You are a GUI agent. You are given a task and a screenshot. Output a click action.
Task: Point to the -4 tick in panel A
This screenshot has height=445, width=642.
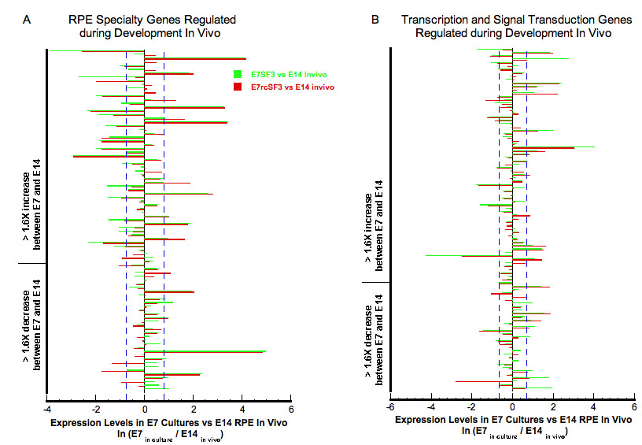click(x=47, y=410)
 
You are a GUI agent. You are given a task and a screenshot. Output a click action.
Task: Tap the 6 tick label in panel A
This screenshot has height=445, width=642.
click(x=291, y=410)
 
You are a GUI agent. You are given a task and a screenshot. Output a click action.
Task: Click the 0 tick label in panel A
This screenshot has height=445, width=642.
click(x=145, y=410)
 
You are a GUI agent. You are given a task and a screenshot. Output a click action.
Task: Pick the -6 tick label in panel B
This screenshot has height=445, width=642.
click(x=389, y=408)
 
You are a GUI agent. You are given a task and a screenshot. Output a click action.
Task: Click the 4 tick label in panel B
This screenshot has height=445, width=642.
click(x=594, y=408)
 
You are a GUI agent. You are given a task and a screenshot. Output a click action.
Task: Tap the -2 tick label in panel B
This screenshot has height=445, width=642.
click(x=470, y=408)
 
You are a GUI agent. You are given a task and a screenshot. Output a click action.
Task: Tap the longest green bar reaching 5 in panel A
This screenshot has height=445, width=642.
click(x=205, y=351)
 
